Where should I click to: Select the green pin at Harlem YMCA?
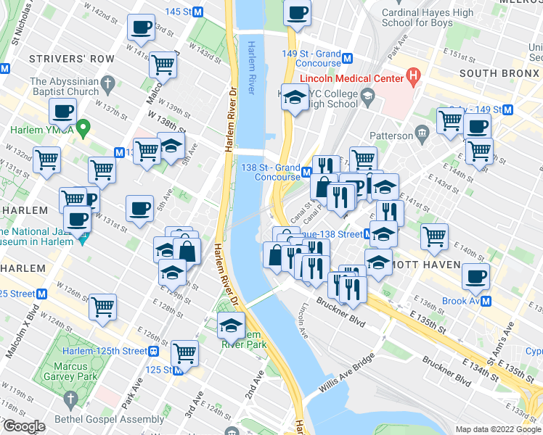83,130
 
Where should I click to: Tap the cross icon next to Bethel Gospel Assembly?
70,399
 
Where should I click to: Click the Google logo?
23,426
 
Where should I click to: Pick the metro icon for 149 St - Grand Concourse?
348,58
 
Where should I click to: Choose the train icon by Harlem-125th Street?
154,351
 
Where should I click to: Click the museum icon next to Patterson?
422,134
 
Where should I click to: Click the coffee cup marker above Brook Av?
475,276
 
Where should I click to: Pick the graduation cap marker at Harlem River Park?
232,325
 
